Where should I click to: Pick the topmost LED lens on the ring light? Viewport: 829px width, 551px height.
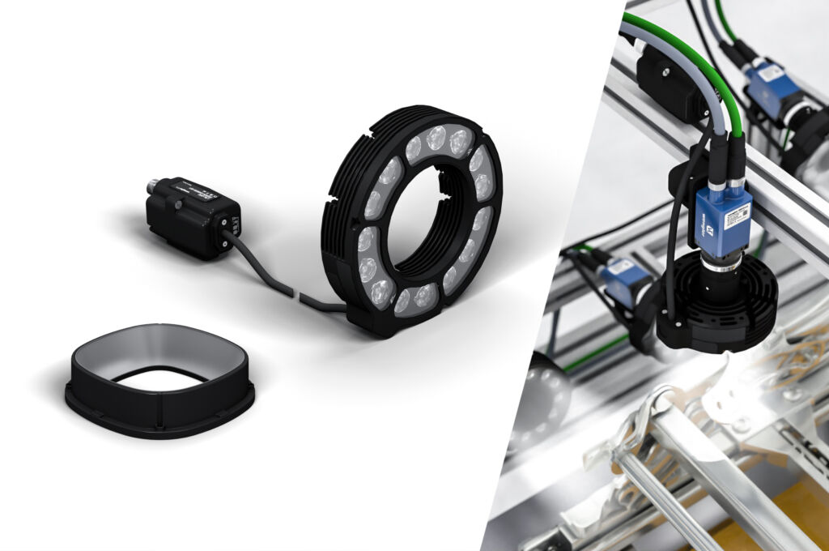coord(436,137)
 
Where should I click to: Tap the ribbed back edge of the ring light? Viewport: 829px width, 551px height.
coord(340,203)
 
